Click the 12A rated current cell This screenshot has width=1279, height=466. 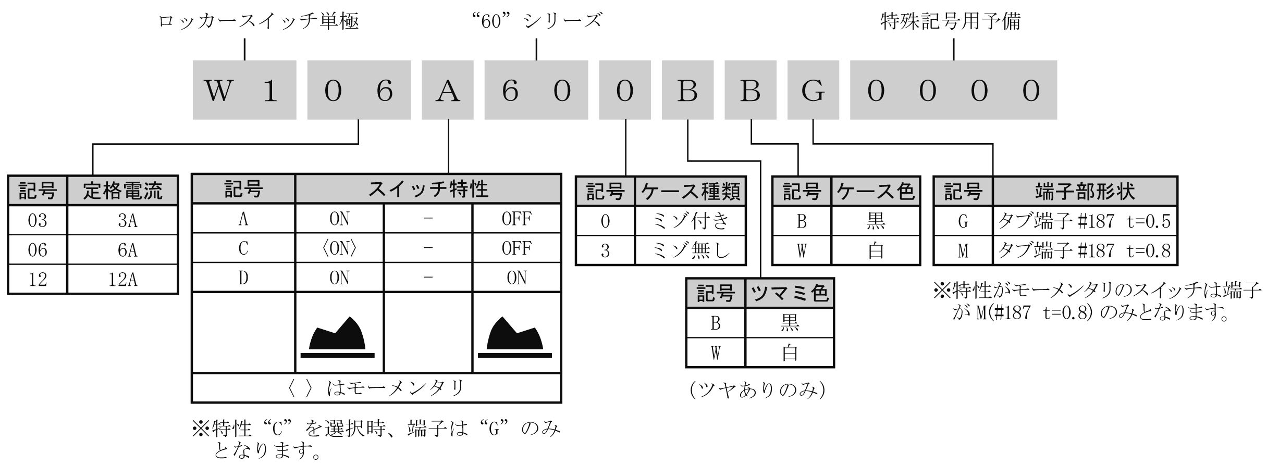click(x=122, y=280)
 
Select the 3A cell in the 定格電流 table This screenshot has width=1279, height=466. click(x=122, y=220)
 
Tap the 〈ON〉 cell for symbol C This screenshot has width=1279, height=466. click(x=339, y=248)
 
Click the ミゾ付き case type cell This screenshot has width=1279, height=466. click(x=691, y=221)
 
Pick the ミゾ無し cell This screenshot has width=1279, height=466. click(x=691, y=250)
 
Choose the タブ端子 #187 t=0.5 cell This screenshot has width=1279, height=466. click(x=1085, y=221)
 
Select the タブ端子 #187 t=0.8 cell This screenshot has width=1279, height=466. click(x=1085, y=250)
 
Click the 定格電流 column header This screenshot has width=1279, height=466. click(x=122, y=191)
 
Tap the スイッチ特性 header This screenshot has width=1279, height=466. click(x=428, y=188)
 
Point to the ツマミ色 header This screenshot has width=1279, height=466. click(x=790, y=293)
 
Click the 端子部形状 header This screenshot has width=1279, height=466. click(x=1085, y=191)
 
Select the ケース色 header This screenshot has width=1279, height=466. click(x=876, y=191)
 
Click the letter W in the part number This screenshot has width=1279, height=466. click(x=218, y=91)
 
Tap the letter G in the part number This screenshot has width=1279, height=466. click(x=813, y=91)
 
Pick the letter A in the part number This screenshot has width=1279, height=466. click(x=448, y=91)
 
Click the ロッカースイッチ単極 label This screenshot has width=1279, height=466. click(x=259, y=21)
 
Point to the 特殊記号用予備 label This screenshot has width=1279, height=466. click(x=950, y=21)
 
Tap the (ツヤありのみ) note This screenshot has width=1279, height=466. click(x=757, y=390)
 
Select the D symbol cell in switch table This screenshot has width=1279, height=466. click(x=243, y=278)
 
